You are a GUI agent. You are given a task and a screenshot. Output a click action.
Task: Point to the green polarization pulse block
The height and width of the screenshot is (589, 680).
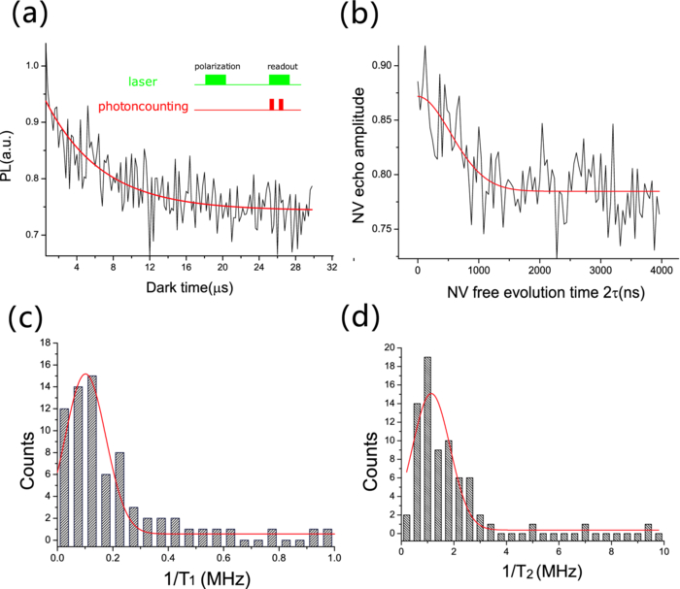215,79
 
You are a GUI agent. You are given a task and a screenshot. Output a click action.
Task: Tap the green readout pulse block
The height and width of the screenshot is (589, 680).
279,79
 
